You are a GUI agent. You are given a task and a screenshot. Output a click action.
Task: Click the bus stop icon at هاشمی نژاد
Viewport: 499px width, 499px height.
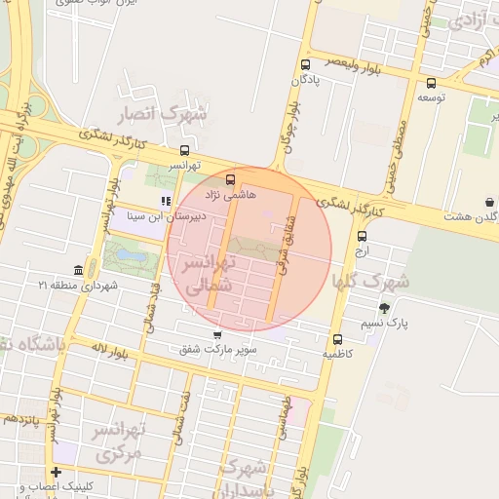(230, 179)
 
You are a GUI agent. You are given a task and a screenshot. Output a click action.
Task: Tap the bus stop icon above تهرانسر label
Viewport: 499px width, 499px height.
(184, 151)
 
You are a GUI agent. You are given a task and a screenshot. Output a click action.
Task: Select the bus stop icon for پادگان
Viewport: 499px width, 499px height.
(305, 64)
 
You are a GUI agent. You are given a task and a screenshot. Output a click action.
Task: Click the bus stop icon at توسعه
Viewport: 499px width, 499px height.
(431, 83)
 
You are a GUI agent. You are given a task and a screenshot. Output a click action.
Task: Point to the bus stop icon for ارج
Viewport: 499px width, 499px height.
(362, 236)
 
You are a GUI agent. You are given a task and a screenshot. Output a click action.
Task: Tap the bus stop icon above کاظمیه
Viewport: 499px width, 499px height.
(337, 340)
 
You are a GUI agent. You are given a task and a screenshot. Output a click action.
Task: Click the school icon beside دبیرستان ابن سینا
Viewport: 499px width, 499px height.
(167, 201)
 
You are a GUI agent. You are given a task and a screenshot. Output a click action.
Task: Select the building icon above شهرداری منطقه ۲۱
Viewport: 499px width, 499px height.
(78, 270)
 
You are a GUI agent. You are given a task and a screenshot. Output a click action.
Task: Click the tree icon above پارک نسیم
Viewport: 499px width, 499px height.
(385, 307)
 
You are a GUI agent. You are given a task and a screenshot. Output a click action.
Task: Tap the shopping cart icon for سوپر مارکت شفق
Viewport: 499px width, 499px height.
(215, 334)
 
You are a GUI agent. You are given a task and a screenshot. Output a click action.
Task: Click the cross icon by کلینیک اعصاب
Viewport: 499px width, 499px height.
(56, 472)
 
